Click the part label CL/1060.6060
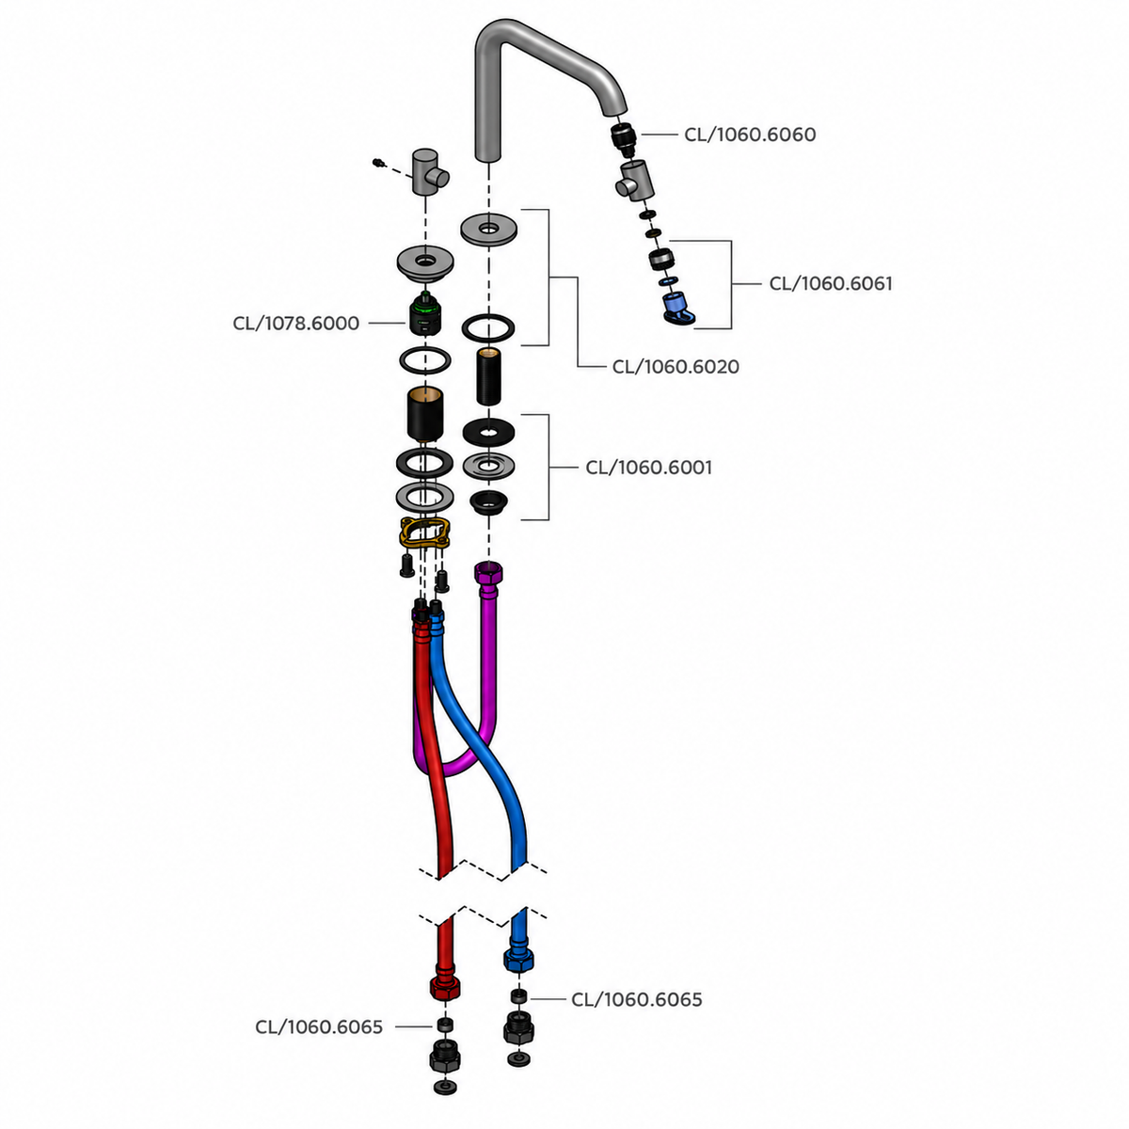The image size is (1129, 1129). coord(749,135)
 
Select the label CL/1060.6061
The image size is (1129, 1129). coord(830,283)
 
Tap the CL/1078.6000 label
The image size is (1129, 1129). coord(295,324)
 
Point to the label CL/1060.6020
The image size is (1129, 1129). coord(676,367)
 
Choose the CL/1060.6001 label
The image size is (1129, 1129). coord(648,468)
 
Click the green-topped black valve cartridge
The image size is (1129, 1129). coord(425,313)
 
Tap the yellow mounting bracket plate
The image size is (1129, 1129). coord(424,532)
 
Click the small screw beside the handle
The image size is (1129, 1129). coord(378,163)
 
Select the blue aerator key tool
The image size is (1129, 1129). coord(678,309)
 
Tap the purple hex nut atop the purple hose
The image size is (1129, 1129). coord(488,572)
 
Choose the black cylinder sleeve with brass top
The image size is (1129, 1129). coord(424,414)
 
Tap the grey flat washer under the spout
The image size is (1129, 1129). coord(488,229)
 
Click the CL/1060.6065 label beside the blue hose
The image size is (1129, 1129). coord(636,999)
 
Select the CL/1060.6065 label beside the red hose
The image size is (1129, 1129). coord(319,1027)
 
